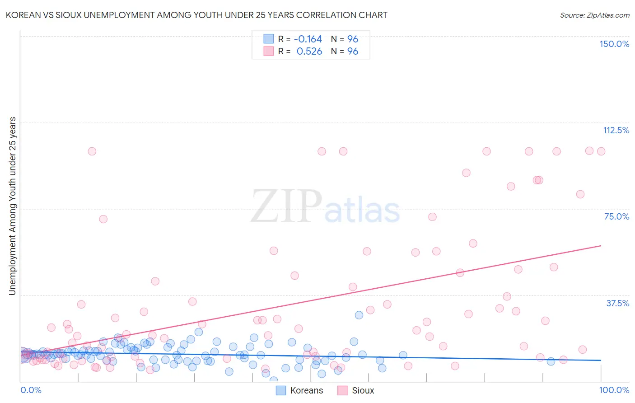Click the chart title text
click(196, 15)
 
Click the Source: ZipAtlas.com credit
click(594, 15)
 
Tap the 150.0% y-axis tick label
click(614, 44)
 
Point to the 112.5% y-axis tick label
click(616, 130)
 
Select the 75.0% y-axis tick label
click(616, 216)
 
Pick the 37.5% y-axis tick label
click(617, 303)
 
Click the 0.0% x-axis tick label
click(31, 390)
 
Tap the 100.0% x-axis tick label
click(614, 390)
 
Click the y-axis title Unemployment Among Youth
click(13, 206)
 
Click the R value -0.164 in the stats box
click(308, 39)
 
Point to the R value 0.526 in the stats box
click(309, 51)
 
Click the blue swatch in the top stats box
click(269, 39)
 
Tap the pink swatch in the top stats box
click(269, 51)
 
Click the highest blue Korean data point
click(359, 315)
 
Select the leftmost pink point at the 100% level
click(92, 151)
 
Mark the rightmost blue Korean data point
click(551, 361)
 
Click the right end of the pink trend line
click(601, 246)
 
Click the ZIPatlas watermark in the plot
click(325, 207)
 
